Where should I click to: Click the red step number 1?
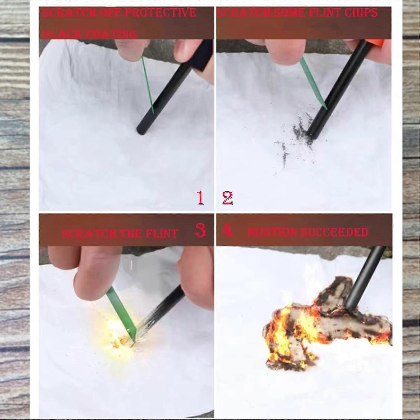(200, 198)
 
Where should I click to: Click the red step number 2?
(227, 198)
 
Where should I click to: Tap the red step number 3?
(200, 231)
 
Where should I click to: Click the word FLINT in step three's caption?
(162, 234)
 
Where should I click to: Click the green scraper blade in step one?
(148, 84)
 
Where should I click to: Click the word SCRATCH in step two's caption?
(244, 13)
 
